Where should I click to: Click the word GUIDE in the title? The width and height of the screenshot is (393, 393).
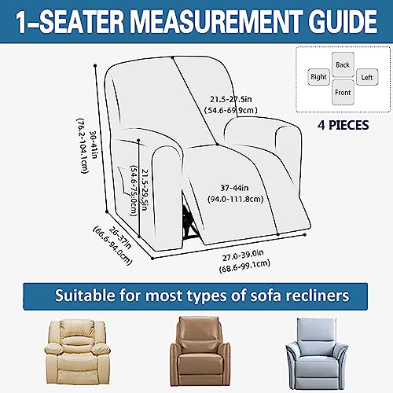tap(343, 22)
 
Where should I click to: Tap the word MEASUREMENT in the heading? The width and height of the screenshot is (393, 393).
tap(216, 22)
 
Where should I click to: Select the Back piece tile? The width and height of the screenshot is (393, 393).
tap(343, 64)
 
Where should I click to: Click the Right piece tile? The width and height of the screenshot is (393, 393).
tap(318, 77)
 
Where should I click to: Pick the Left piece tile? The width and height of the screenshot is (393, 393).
tap(367, 77)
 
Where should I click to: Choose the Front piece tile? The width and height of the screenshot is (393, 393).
tap(343, 93)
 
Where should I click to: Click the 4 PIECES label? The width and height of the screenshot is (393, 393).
tap(343, 125)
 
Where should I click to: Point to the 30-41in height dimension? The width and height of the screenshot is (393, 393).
tap(94, 145)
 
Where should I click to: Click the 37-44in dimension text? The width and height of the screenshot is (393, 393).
tap(234, 188)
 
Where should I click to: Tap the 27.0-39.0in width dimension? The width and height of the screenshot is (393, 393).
tap(243, 255)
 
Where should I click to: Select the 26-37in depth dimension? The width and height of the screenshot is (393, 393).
tap(120, 237)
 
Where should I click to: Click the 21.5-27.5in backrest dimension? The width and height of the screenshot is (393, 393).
tap(231, 99)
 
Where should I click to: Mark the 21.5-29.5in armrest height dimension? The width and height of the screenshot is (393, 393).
tap(145, 189)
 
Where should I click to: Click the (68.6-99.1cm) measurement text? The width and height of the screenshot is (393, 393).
tap(244, 266)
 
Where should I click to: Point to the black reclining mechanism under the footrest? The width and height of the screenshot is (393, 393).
tap(189, 221)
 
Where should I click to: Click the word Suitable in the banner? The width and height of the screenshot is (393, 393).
tap(85, 296)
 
